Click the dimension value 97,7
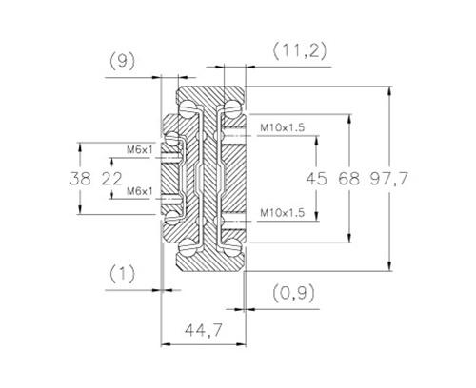[x=388, y=179]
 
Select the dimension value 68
[x=349, y=179]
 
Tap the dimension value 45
[x=316, y=179]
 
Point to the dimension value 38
[x=80, y=179]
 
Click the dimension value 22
[x=111, y=179]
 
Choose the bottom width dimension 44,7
[x=204, y=330]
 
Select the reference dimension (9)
[x=122, y=61]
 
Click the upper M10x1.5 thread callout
[x=282, y=127]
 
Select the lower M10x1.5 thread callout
[x=282, y=212]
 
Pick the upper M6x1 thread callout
[x=140, y=149]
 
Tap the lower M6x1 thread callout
[x=140, y=191]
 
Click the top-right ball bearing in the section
[x=231, y=107]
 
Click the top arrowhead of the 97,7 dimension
[x=390, y=90]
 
